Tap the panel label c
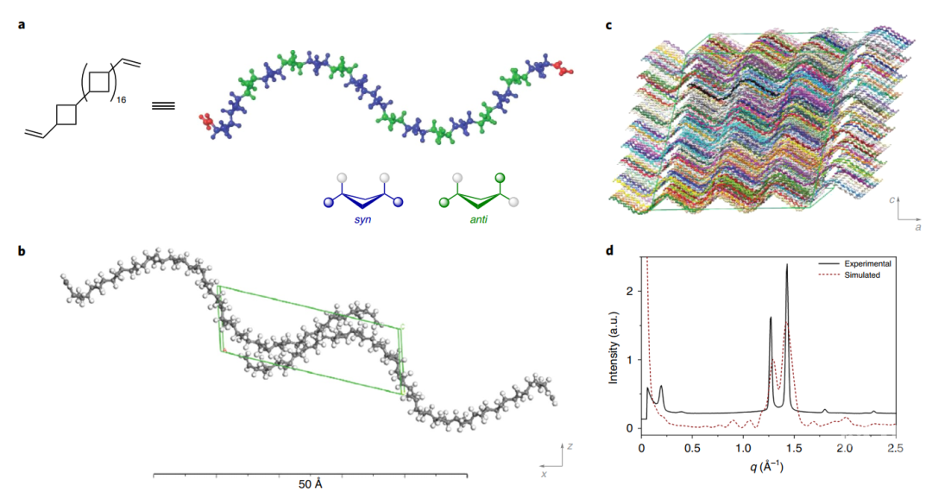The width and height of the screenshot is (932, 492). click(x=608, y=24)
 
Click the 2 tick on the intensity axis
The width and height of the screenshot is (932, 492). click(x=631, y=291)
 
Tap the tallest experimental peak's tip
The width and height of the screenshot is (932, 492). click(x=787, y=265)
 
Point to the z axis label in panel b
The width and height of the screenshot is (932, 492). click(x=570, y=445)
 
